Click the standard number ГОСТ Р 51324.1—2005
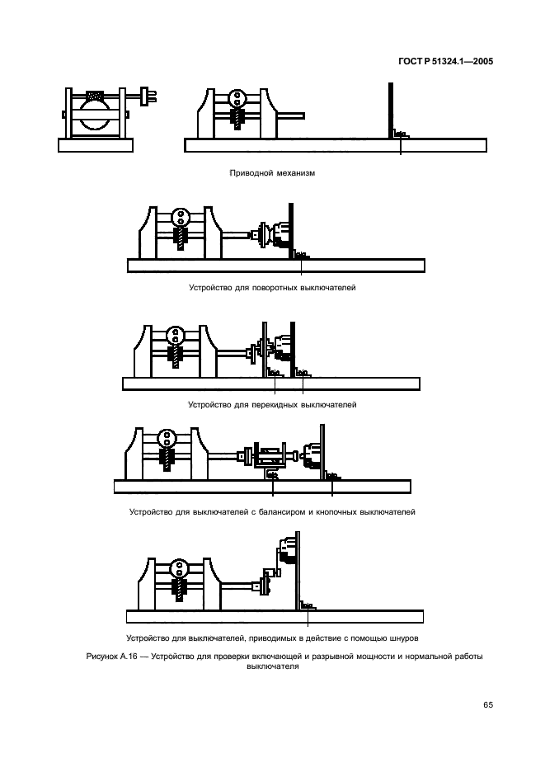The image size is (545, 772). pos(445,62)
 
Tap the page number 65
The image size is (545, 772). pos(488,704)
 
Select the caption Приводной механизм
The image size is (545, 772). pos(272,173)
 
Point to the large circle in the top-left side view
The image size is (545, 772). pos(95,113)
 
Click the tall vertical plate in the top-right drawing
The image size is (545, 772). pos(391,111)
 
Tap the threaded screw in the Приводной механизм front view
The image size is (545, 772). pos(238,119)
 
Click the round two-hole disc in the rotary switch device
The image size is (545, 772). pos(181,217)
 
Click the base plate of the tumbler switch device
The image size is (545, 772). pos(271,384)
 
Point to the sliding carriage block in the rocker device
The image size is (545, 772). pos(270,456)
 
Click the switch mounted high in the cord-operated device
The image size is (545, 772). pos(287,551)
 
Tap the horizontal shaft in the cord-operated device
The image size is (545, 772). pos(237,586)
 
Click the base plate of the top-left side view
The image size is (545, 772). pos(96,145)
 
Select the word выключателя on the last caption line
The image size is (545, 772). pos(272,666)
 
